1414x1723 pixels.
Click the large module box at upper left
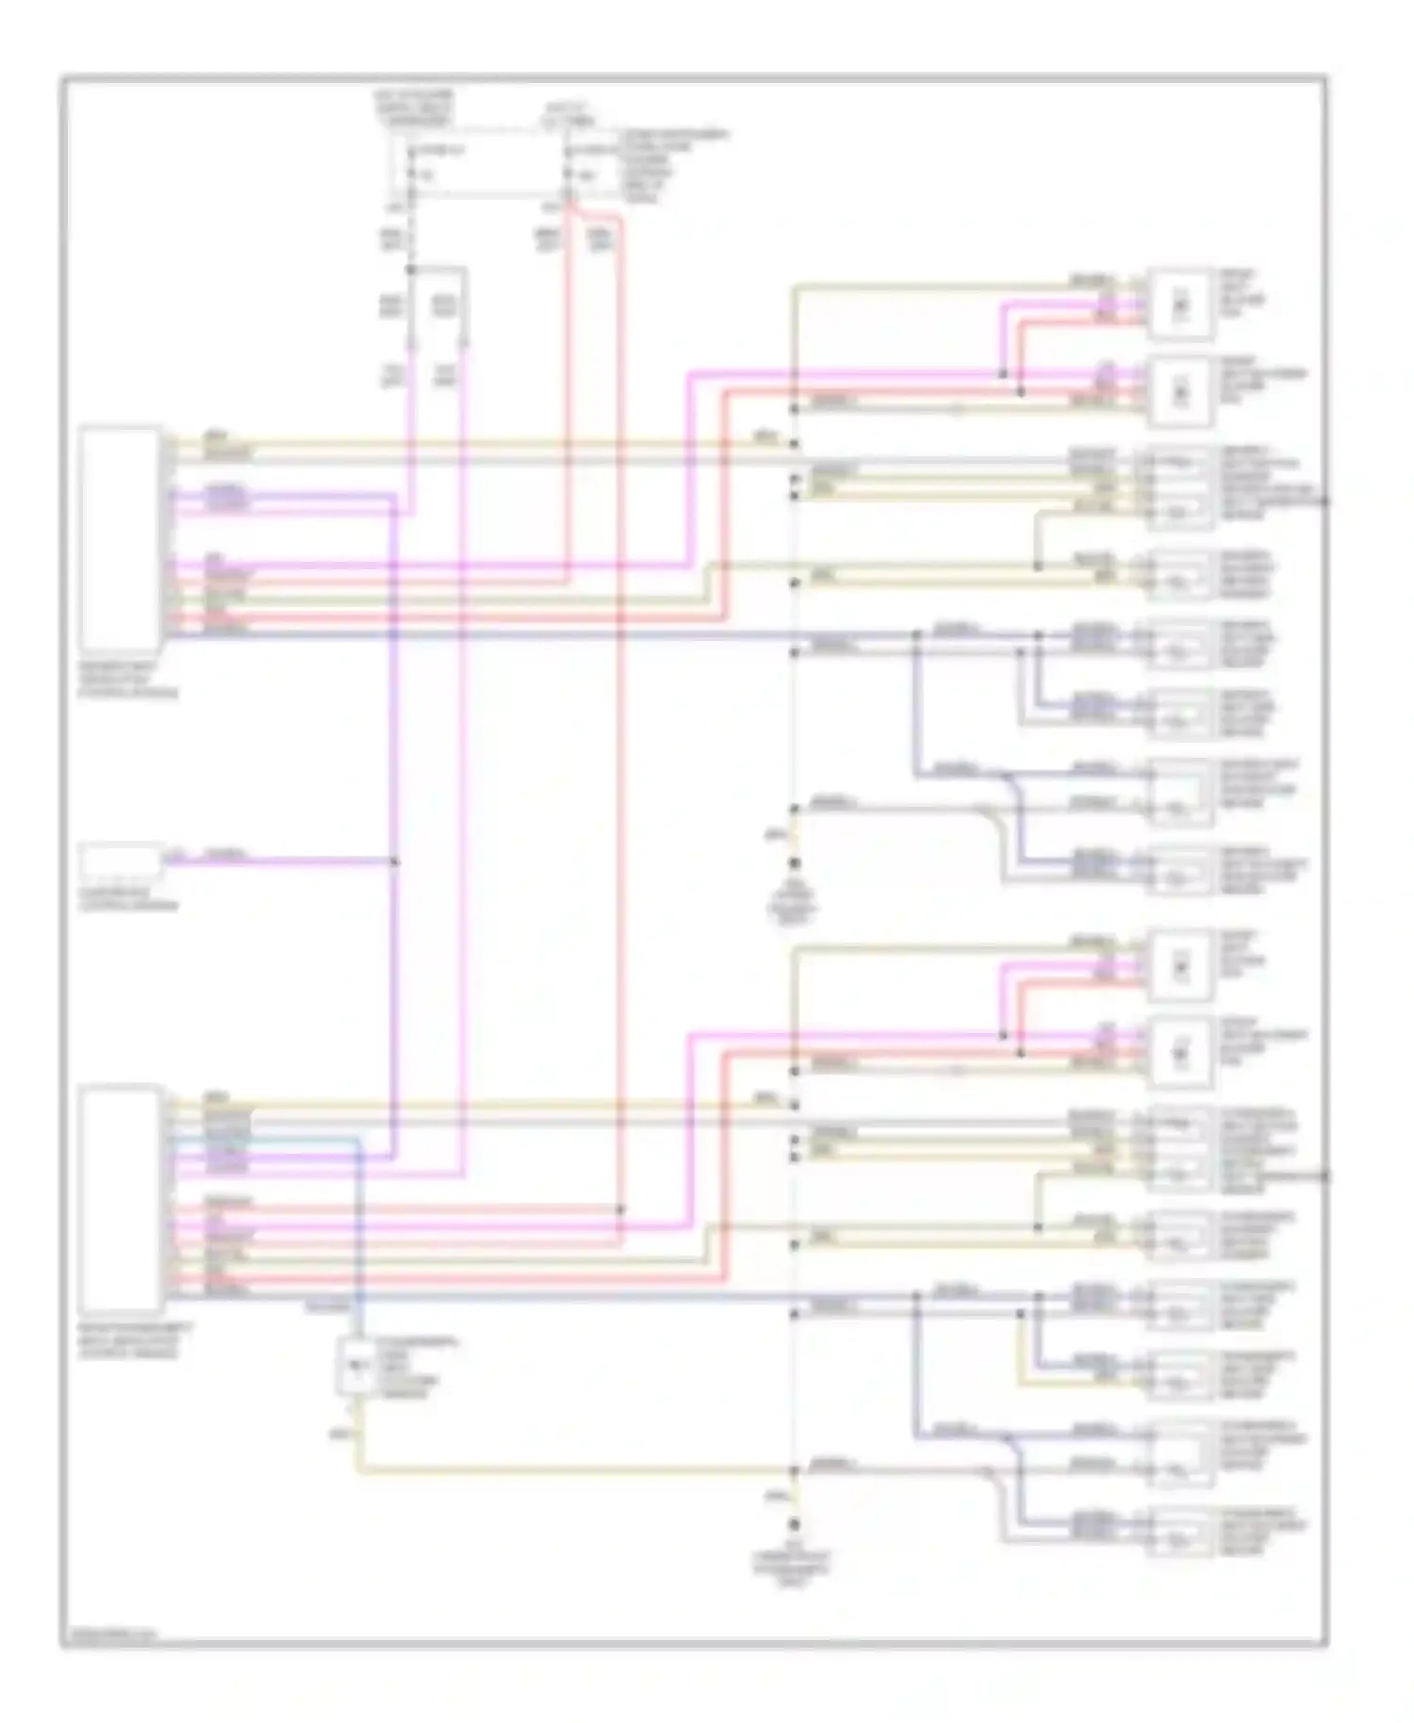pyautogui.click(x=120, y=534)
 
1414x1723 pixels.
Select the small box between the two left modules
pyautogui.click(x=120, y=861)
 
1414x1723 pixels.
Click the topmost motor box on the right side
pyautogui.click(x=1179, y=304)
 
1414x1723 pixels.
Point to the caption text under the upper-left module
pyautogui.click(x=128, y=679)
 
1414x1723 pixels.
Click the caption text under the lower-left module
pyautogui.click(x=128, y=1339)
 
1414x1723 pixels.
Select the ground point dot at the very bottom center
pyautogui.click(x=795, y=1524)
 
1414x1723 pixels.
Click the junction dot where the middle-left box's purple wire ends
pyautogui.click(x=395, y=861)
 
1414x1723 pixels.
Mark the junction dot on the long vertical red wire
pyautogui.click(x=620, y=1208)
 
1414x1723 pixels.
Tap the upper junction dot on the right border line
pyautogui.click(x=1325, y=500)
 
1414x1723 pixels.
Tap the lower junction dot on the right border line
pyautogui.click(x=1325, y=1175)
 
